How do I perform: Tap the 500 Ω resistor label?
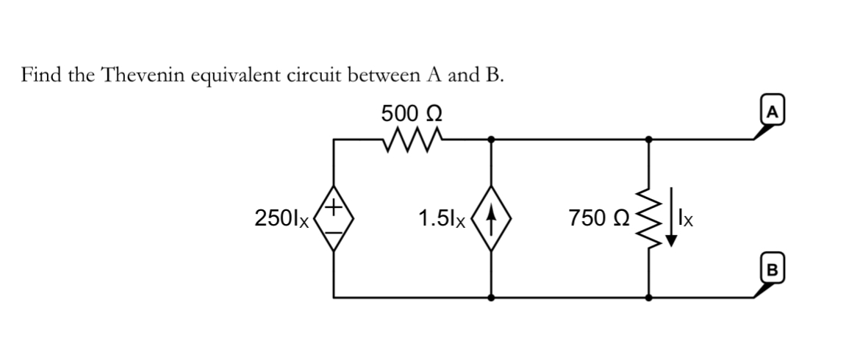pyautogui.click(x=412, y=114)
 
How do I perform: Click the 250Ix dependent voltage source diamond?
pyautogui.click(x=334, y=217)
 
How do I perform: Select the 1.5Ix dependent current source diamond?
pyautogui.click(x=491, y=217)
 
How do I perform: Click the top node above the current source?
pyautogui.click(x=491, y=137)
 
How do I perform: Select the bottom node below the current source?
pyautogui.click(x=491, y=298)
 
